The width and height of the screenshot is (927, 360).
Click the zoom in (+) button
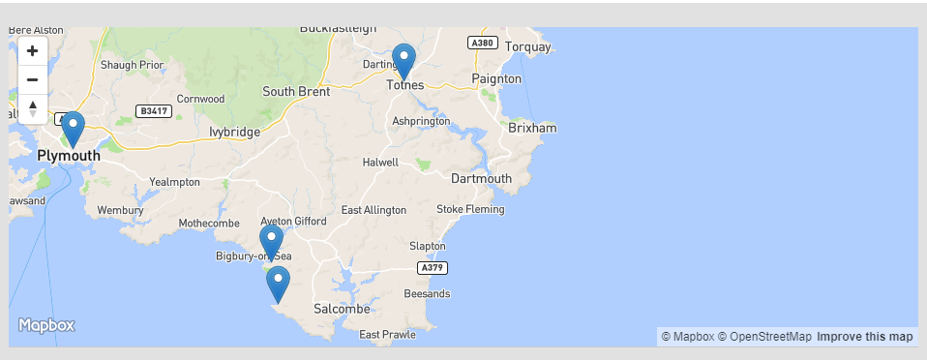(x=32, y=51)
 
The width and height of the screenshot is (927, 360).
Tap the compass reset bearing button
(x=32, y=107)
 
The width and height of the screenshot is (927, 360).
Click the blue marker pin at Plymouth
(x=73, y=129)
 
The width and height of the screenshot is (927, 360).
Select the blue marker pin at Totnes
(x=404, y=60)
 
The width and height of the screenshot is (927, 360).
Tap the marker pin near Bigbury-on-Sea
(x=271, y=242)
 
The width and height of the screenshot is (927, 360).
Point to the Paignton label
(x=495, y=78)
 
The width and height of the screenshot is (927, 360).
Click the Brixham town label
(x=532, y=128)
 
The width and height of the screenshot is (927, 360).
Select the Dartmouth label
(x=481, y=178)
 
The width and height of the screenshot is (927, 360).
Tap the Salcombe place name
(x=342, y=309)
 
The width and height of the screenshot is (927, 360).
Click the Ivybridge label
(x=234, y=132)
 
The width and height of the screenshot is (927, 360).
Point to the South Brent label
(x=295, y=92)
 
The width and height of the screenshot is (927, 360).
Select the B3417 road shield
(x=153, y=111)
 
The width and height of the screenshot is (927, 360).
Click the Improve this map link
(x=864, y=337)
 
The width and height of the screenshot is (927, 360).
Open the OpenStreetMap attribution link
(x=764, y=337)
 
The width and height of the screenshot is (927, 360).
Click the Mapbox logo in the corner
(x=46, y=326)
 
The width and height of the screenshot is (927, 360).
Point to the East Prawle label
(x=387, y=335)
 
